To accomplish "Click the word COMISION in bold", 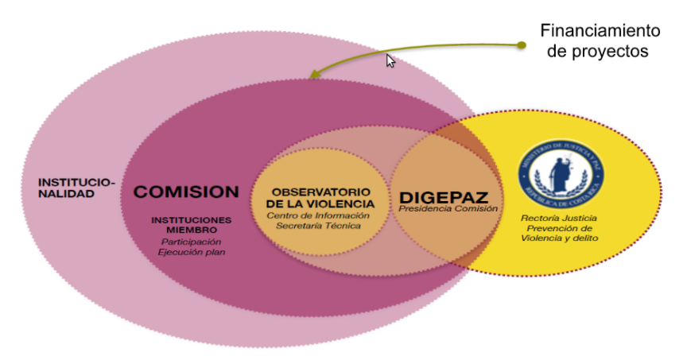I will coord(186,192).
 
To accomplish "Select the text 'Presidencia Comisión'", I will coord(448,209).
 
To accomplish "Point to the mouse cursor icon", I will coord(390,60).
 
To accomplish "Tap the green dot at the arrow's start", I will coord(521,45).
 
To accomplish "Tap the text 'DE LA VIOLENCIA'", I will coord(320,203).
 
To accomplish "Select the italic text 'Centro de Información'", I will coord(318,215).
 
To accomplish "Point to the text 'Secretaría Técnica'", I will coord(318,226).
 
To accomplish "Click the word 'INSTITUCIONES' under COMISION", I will coord(192,219).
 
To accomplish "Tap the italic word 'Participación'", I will coord(191,242).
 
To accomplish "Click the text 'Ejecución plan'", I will coord(191,253).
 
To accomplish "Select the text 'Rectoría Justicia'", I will coord(559,217).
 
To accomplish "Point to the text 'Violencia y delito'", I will coord(559,238).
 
